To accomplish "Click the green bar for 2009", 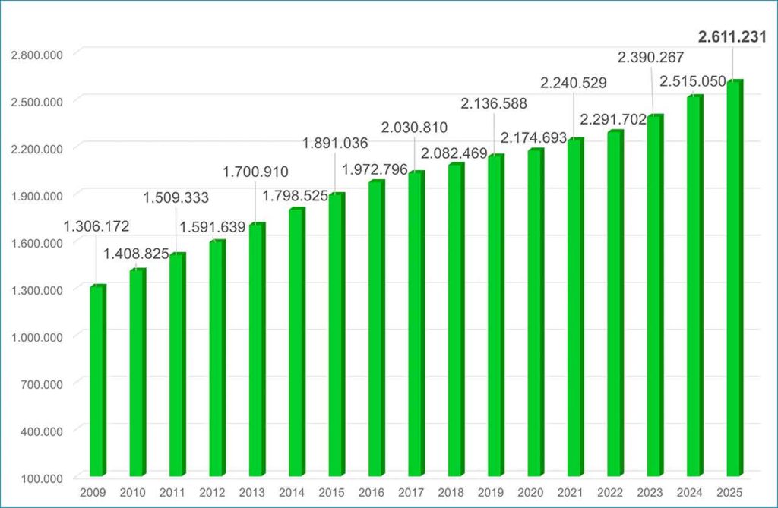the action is click(98, 380).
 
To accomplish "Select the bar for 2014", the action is click(297, 342).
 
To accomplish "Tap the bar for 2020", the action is click(536, 312).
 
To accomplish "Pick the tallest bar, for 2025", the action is click(735, 278).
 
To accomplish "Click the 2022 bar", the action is click(615, 303).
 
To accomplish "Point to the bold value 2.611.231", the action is click(732, 36).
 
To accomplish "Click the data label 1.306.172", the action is click(96, 226).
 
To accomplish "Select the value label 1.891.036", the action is click(335, 143).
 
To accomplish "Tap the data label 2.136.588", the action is click(494, 103).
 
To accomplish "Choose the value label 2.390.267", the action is click(650, 57).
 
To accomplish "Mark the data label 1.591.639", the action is click(213, 227).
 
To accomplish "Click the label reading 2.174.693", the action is click(533, 137).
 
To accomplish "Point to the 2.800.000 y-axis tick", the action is click(37, 55).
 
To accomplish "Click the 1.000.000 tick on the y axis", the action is click(37, 337).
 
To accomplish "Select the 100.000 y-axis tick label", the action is click(43, 478).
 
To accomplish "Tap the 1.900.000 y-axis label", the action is click(37, 196).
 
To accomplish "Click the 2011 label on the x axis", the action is click(172, 493).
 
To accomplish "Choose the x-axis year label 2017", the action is click(411, 493).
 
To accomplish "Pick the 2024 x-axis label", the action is click(690, 493).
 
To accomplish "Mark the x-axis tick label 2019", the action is click(491, 493).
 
